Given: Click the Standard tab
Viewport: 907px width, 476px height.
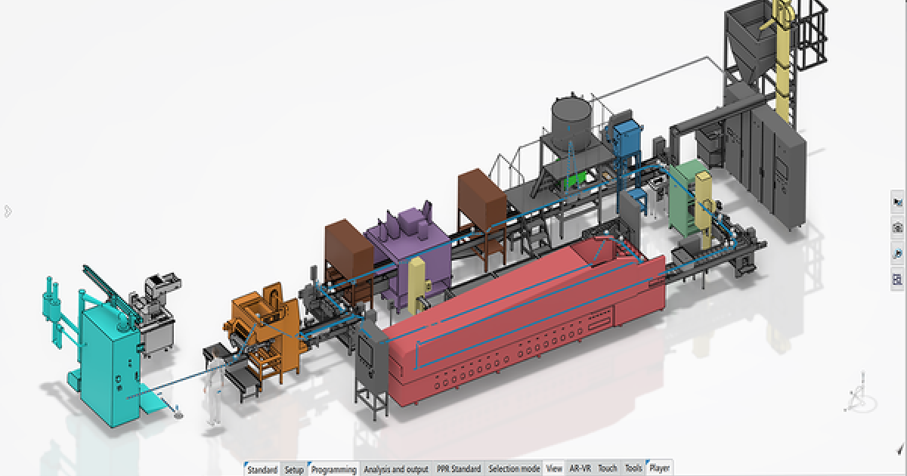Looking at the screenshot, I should [262, 469].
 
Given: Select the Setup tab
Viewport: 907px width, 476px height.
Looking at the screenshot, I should [294, 469].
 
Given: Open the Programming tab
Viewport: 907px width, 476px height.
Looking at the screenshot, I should [333, 469].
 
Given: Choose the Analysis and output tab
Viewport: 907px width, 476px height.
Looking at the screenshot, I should [395, 469].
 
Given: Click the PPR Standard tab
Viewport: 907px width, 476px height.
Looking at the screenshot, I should [458, 469].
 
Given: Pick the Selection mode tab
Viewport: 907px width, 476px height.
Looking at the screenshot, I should [514, 469].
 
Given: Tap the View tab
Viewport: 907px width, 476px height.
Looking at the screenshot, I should [554, 469].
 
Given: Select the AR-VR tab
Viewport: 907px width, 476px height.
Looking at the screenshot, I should [580, 469].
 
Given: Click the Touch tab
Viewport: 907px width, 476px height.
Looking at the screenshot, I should [607, 469].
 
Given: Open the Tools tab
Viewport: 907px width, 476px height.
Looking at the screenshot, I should [633, 469].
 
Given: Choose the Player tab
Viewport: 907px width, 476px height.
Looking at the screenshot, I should [659, 469].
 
